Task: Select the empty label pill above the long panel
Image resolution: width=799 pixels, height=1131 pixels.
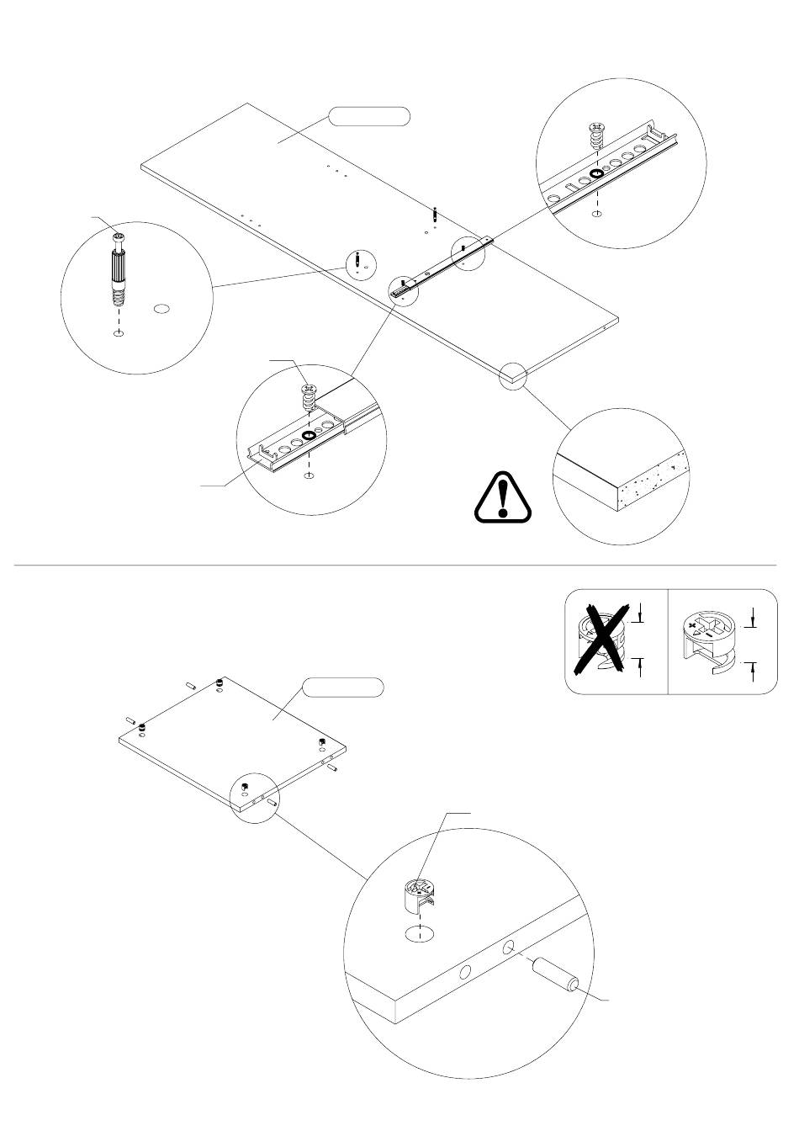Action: point(369,116)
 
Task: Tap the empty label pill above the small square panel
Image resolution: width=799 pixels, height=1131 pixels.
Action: point(343,687)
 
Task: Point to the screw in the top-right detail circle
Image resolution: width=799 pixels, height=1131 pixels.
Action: point(597,135)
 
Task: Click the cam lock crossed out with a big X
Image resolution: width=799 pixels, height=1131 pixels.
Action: point(601,642)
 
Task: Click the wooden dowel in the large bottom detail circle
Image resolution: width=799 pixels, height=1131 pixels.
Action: point(554,976)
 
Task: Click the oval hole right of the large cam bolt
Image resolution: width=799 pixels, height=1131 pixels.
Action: point(163,310)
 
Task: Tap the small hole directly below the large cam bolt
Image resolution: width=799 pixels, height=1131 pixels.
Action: point(119,334)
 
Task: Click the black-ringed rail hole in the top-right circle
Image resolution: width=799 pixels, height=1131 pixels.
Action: point(596,174)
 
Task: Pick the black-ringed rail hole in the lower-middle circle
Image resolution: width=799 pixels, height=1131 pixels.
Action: point(309,435)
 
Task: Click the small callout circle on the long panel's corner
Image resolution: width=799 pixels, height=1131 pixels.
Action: point(512,375)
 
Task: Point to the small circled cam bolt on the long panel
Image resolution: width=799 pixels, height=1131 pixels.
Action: point(360,263)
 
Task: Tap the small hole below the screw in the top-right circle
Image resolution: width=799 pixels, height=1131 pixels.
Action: point(597,214)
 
